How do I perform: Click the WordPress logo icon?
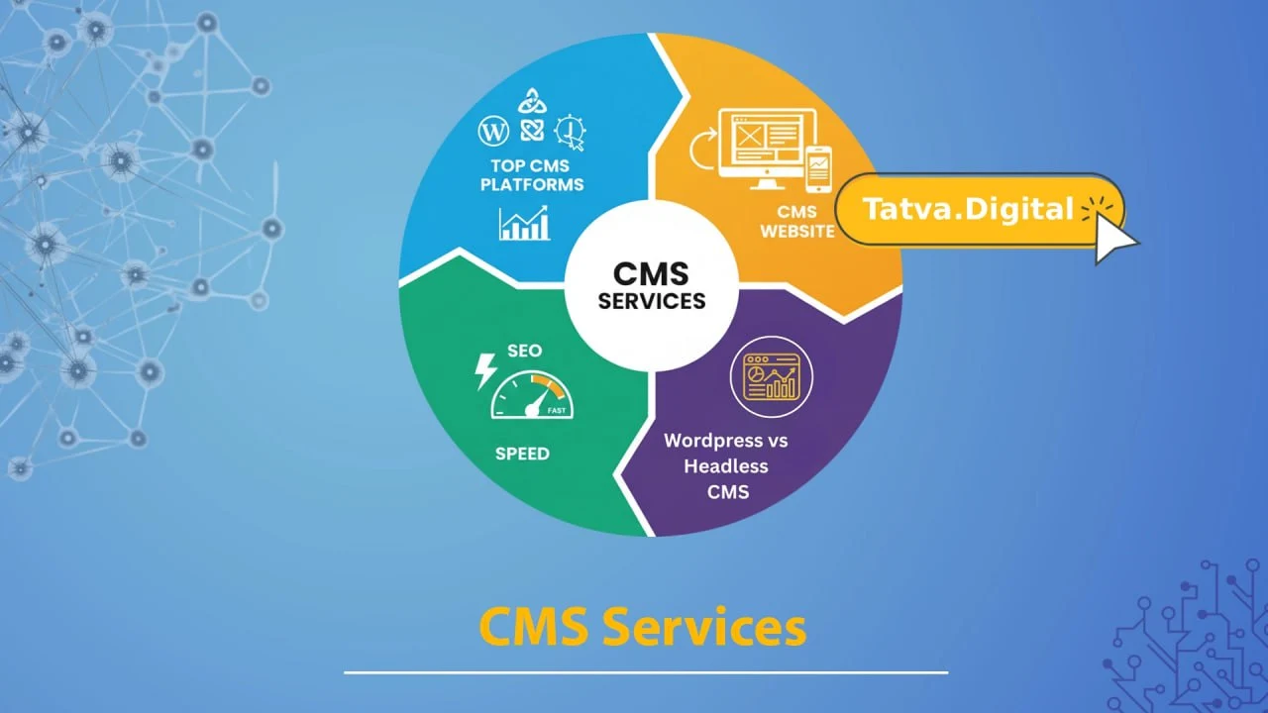pyautogui.click(x=492, y=131)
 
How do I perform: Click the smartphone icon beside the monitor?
pyautogui.click(x=818, y=168)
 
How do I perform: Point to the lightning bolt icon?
pyautogui.click(x=486, y=371)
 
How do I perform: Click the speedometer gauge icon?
pyautogui.click(x=532, y=396)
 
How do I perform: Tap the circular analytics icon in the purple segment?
pyautogui.click(x=771, y=376)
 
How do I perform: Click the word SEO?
pyautogui.click(x=525, y=352)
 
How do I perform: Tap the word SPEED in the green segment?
pyautogui.click(x=522, y=454)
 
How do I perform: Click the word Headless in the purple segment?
pyautogui.click(x=726, y=466)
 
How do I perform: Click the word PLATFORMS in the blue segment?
pyautogui.click(x=532, y=184)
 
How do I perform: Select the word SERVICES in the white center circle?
pyautogui.click(x=652, y=301)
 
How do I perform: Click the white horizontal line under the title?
pyautogui.click(x=646, y=672)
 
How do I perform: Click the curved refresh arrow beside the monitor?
pyautogui.click(x=700, y=151)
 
